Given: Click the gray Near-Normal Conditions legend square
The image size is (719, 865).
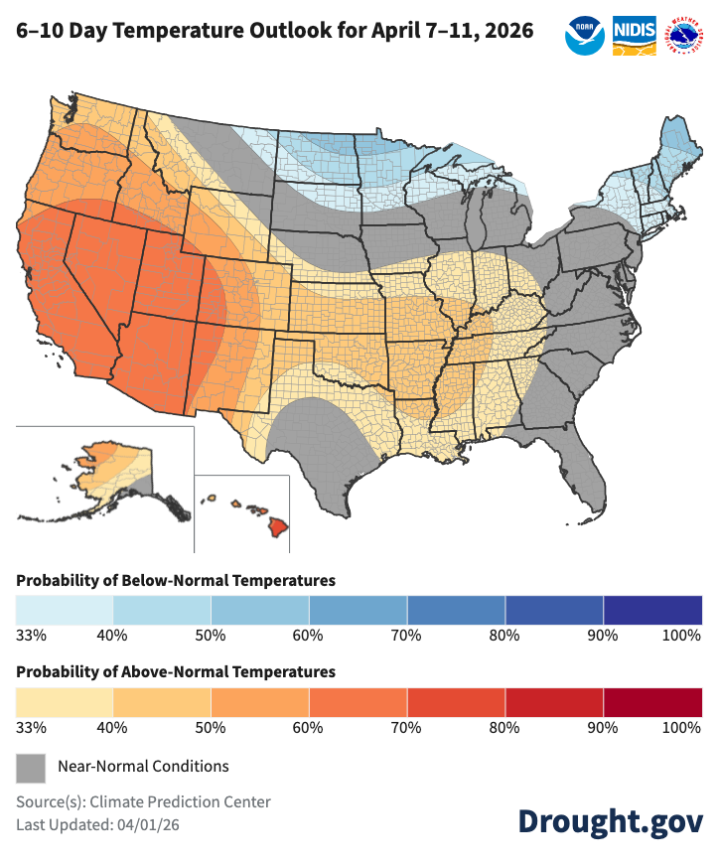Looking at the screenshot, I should click(31, 767).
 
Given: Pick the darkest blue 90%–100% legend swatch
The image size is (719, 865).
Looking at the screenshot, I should click(652, 608).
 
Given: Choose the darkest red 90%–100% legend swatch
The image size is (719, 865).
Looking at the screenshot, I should click(652, 700).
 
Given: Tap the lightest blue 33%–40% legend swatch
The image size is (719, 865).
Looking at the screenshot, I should click(65, 608).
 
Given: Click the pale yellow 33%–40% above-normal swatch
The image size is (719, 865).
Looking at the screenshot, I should click(65, 700).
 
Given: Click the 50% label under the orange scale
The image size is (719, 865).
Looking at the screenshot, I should click(211, 727).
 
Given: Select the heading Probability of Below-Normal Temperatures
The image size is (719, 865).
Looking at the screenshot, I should click(176, 580).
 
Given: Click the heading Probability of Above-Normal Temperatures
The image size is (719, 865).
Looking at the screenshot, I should click(176, 672).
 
